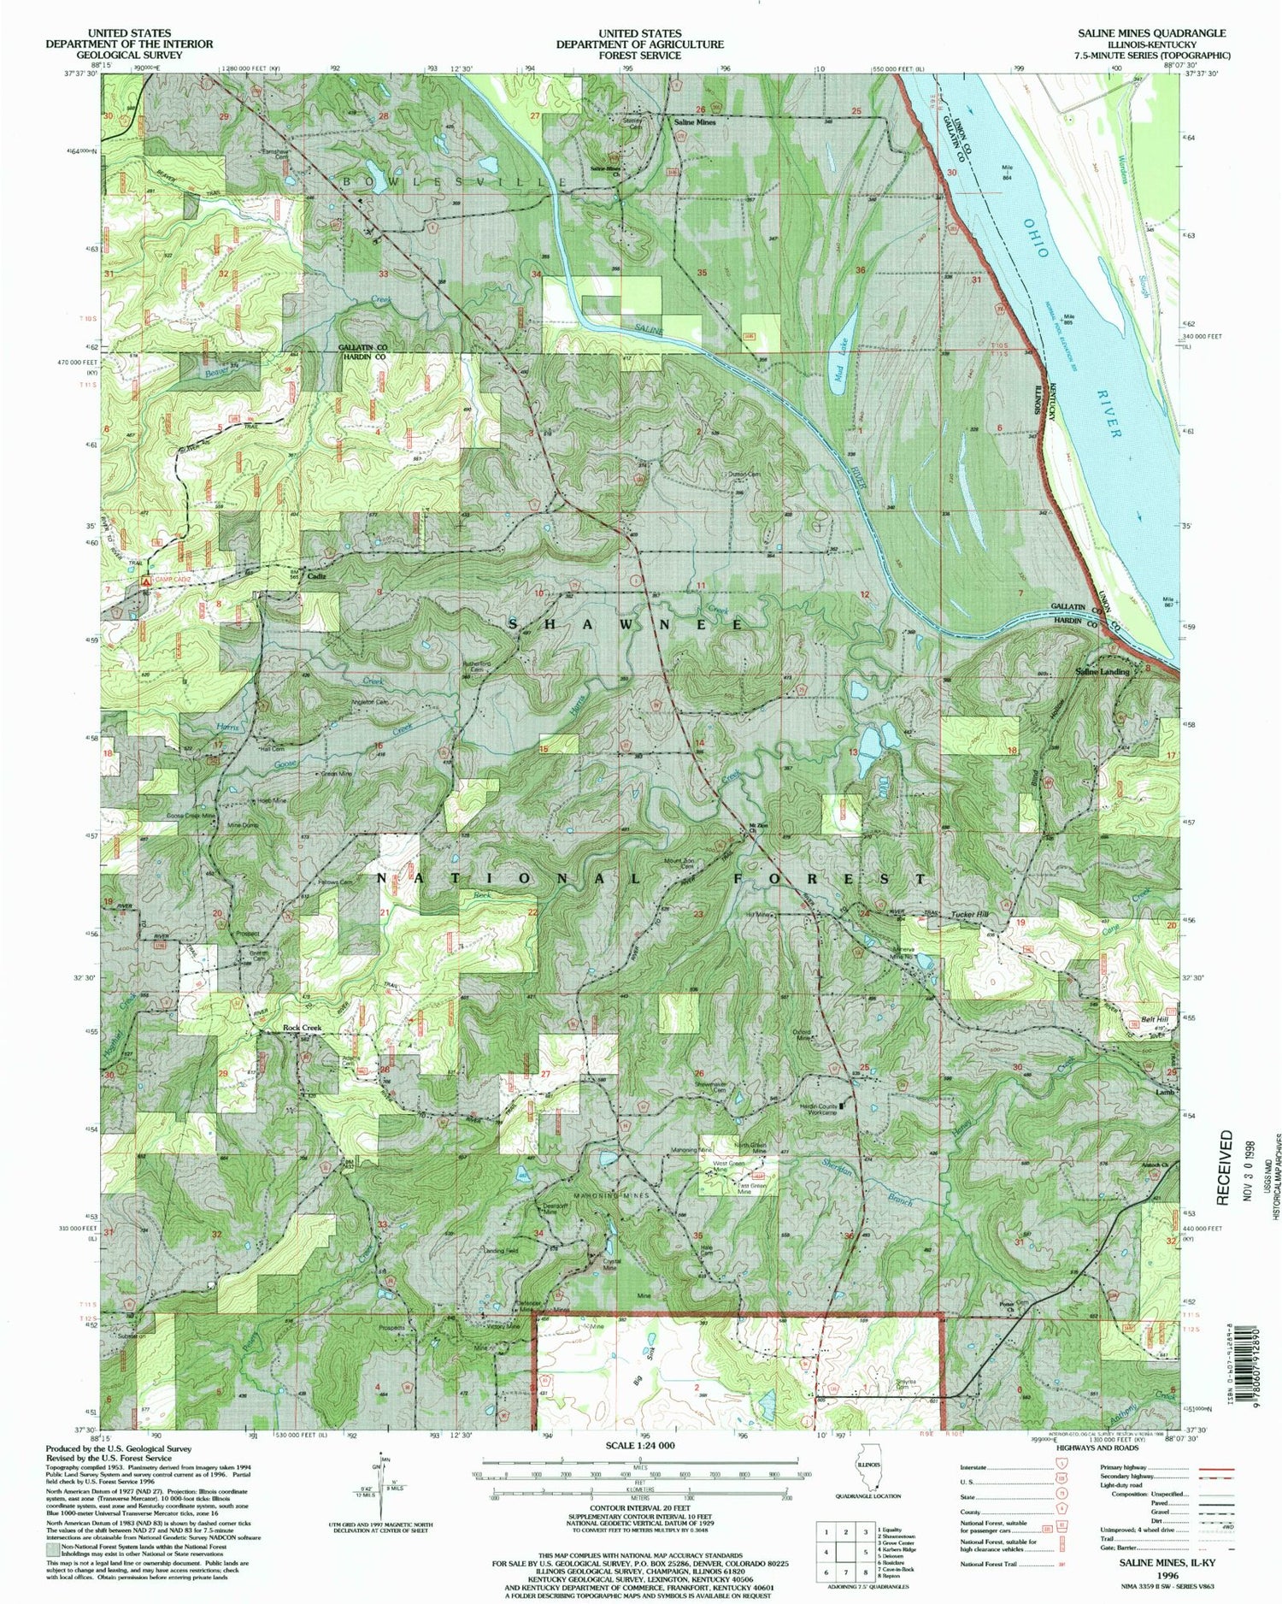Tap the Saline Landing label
(x=1101, y=671)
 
